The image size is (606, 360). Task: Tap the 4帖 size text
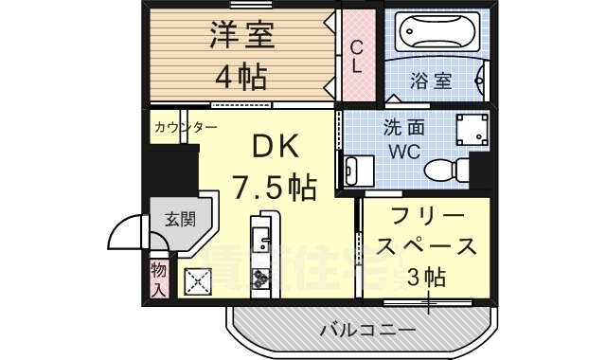click(x=241, y=73)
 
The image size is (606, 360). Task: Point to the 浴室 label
click(x=431, y=80)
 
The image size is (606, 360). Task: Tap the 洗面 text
click(x=401, y=127)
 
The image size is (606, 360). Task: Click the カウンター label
click(x=185, y=127)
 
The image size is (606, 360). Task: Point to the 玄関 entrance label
click(x=179, y=220)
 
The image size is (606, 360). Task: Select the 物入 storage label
click(x=158, y=279)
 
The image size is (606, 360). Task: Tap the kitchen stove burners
click(x=260, y=276)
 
